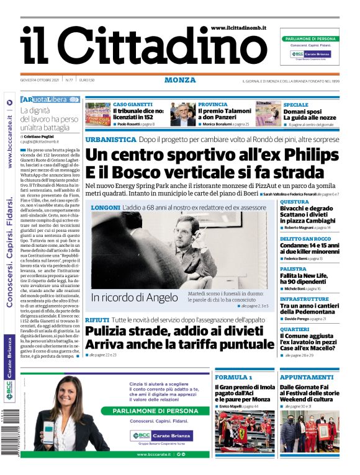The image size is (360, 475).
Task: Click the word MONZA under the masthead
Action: point(180,80)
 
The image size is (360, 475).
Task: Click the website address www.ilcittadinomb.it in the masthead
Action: point(238,29)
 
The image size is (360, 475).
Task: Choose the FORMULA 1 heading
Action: point(233,377)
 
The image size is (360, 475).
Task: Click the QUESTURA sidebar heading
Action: point(294,202)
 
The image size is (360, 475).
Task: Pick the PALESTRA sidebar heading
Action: point(293,269)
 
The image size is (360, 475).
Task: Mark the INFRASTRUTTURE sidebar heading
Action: point(304,299)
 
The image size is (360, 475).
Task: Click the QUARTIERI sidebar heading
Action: point(294,329)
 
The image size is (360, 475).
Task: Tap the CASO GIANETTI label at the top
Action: point(133,105)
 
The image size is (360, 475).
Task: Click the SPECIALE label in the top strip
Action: point(296,105)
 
